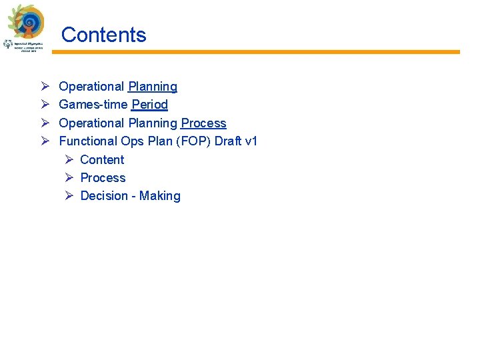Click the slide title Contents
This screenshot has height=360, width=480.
[103, 35]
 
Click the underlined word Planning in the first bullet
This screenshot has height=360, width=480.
[153, 87]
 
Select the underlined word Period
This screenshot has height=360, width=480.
[150, 105]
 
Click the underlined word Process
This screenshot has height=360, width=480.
[203, 123]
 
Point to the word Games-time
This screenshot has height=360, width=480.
[93, 105]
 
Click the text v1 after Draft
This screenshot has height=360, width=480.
[251, 141]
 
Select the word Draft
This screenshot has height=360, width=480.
[229, 141]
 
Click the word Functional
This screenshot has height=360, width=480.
[88, 141]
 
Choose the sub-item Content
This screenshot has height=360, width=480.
[102, 159]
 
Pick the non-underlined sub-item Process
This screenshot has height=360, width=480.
[103, 177]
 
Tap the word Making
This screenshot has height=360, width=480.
[160, 196]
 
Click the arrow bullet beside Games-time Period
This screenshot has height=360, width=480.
[45, 105]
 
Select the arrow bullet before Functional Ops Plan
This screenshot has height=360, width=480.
[45, 141]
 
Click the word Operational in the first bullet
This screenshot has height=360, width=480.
[91, 87]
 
